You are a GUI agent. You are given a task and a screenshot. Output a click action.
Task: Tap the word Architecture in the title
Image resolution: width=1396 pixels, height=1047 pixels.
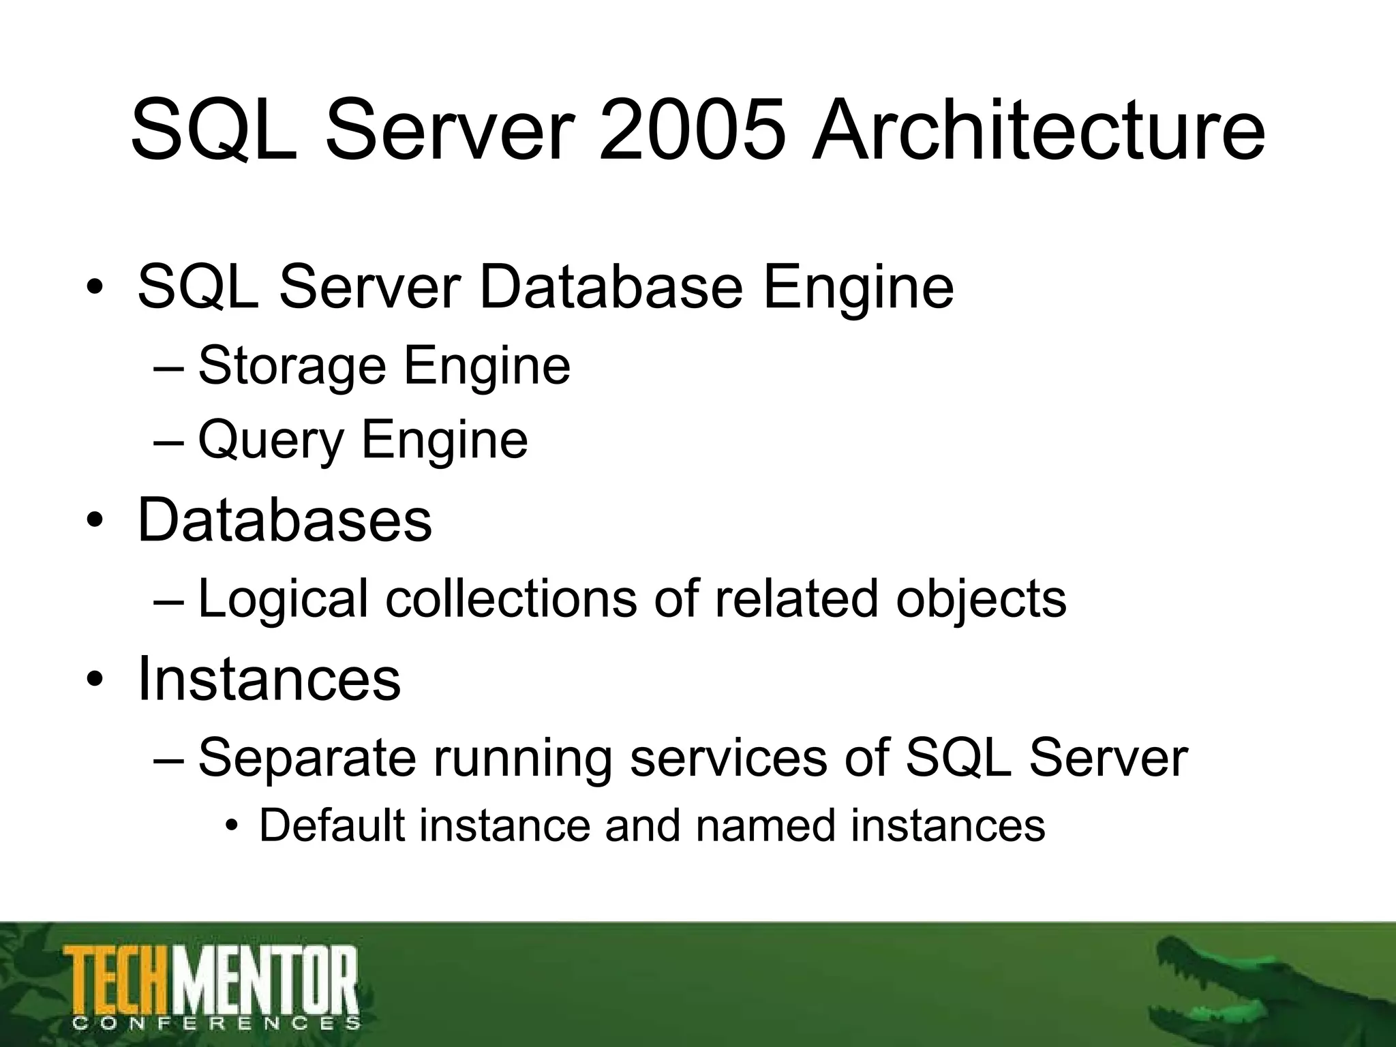click(1037, 131)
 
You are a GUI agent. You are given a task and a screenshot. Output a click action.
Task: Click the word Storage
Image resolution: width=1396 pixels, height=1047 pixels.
click(292, 367)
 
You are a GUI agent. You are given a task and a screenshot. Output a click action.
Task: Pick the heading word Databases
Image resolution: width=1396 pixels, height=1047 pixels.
click(284, 520)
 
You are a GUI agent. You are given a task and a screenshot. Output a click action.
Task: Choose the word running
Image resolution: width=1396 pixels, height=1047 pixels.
click(523, 758)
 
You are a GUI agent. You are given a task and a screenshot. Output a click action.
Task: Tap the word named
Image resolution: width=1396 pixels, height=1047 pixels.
click(765, 825)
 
